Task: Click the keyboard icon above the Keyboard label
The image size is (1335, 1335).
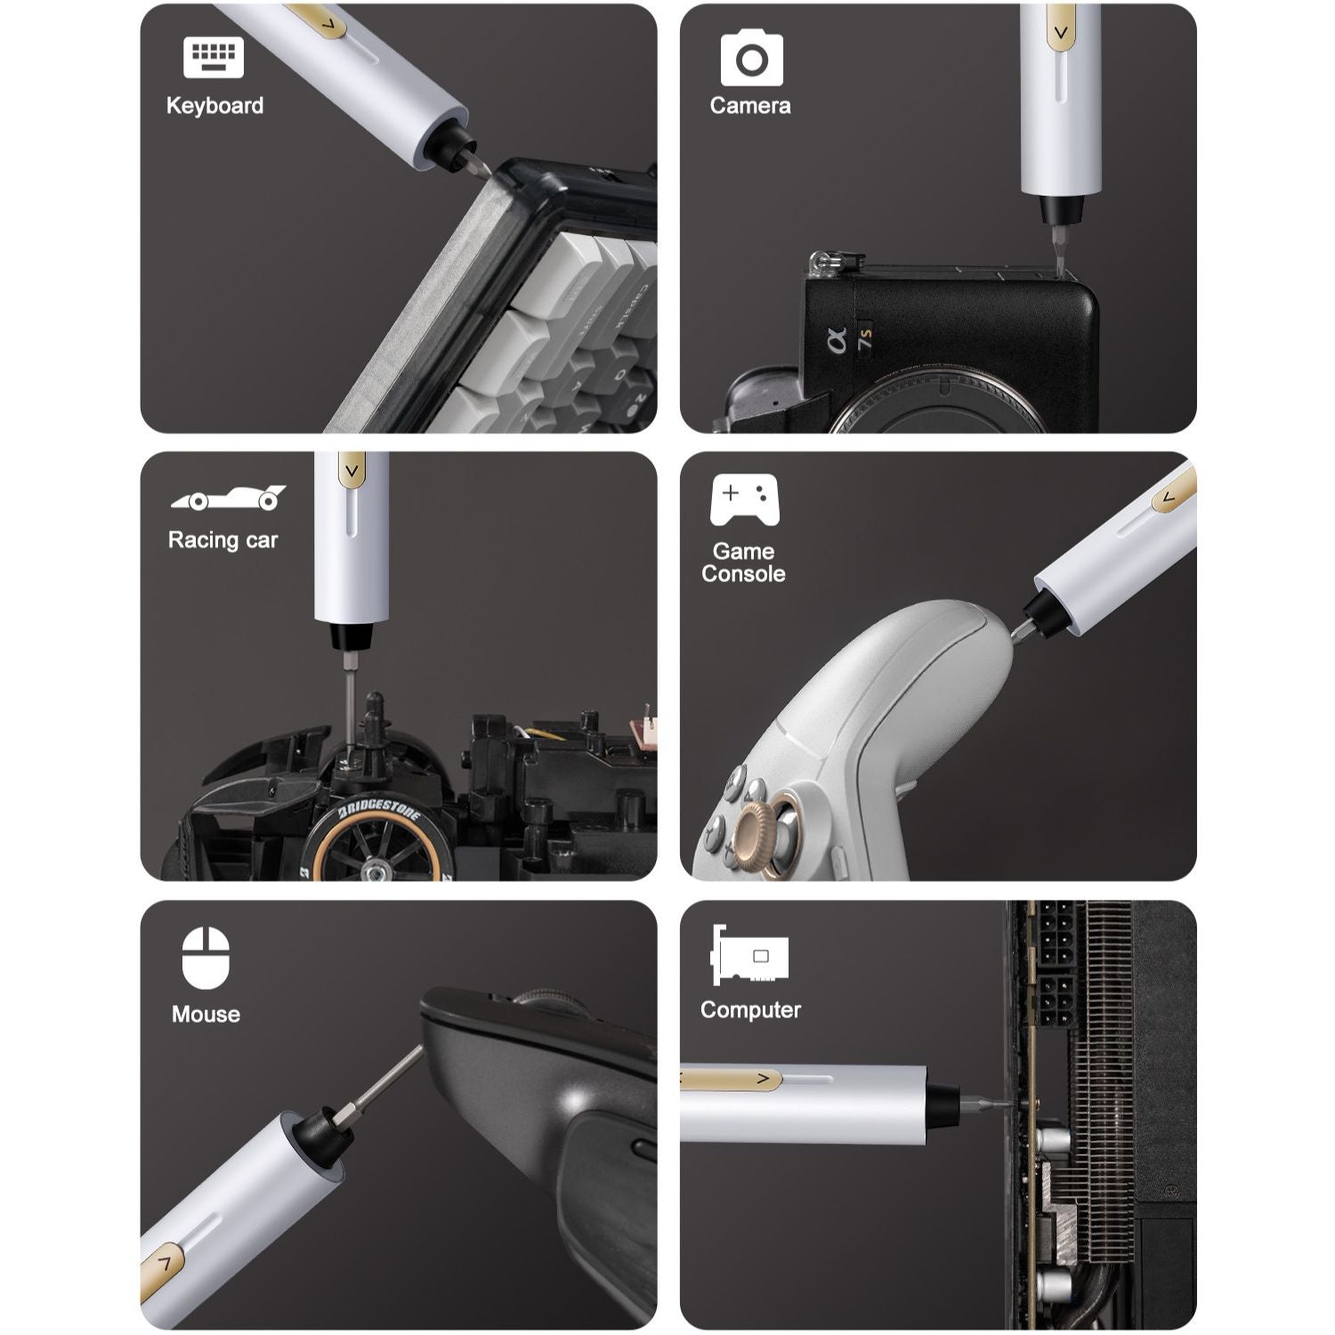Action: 214,57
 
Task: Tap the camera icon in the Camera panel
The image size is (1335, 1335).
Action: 751,59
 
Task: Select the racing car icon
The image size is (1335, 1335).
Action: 228,498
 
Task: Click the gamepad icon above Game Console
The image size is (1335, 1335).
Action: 744,498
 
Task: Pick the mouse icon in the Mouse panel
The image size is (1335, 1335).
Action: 206,958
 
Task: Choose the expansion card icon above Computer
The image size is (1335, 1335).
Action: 749,955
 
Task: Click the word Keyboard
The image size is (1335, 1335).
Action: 214,106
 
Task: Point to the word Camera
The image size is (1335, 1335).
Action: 749,106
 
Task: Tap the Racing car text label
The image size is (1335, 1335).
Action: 222,540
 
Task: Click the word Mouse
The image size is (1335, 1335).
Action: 206,1015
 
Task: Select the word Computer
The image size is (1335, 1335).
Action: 749,1010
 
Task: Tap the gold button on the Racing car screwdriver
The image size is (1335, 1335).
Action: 352,470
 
